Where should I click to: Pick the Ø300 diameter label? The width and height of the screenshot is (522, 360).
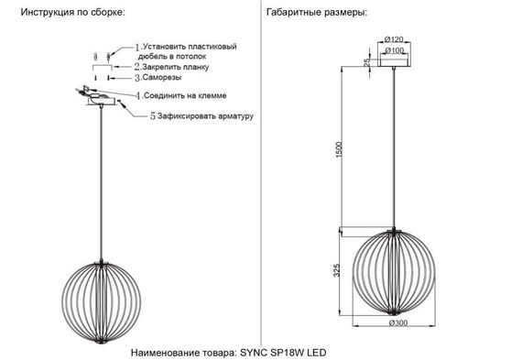[x=397, y=322]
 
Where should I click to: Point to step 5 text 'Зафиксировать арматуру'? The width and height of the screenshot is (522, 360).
[x=204, y=116]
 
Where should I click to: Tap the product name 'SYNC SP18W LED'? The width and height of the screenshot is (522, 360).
[x=283, y=351]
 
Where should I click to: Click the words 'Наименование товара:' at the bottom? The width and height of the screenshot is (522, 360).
[x=183, y=351]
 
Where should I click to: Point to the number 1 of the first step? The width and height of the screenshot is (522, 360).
[x=137, y=46]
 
